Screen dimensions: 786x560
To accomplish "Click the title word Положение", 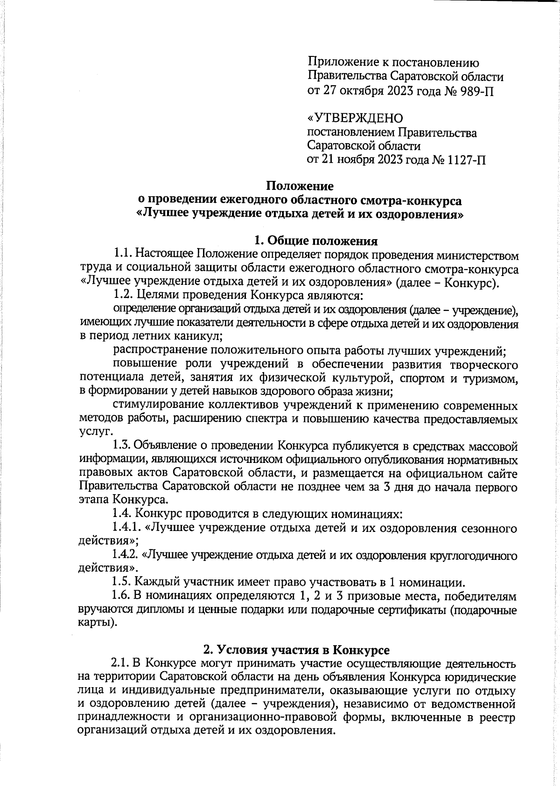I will tap(300, 186).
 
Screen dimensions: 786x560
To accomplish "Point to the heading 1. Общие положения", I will tap(315, 241).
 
